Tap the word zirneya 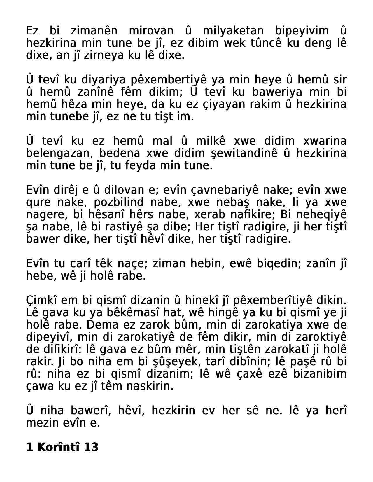pos(104,55)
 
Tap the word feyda pos(144,165)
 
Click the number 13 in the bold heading pos(91,447)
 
